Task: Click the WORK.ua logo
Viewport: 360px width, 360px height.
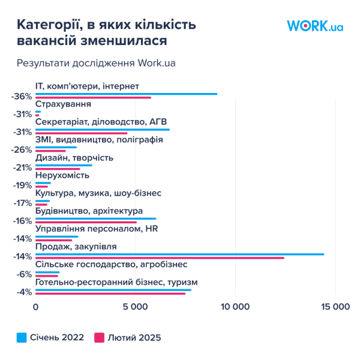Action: tap(315, 26)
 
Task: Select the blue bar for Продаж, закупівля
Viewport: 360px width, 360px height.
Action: tap(180, 254)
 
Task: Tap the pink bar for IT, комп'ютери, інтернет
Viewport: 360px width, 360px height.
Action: tap(93, 98)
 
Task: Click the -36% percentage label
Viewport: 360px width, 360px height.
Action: tap(22, 97)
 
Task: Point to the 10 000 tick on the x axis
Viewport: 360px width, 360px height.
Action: tap(235, 307)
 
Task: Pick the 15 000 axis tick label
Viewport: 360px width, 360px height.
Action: tap(335, 307)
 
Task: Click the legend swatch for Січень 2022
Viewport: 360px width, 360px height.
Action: tap(22, 338)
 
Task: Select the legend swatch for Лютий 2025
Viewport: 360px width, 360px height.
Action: tap(99, 338)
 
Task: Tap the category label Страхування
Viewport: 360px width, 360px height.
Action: tap(63, 104)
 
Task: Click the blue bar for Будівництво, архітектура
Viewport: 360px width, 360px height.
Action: tap(96, 218)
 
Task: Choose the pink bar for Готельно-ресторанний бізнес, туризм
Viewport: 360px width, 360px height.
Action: tap(110, 293)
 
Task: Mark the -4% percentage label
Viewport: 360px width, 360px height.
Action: tap(24, 292)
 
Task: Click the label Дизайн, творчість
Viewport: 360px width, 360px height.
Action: tap(74, 158)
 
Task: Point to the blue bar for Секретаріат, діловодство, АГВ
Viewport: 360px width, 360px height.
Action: tap(103, 130)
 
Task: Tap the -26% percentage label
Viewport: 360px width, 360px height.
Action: tap(22, 150)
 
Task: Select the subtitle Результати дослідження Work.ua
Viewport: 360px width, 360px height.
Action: tap(96, 63)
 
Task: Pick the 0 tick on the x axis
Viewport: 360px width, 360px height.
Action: tap(35, 307)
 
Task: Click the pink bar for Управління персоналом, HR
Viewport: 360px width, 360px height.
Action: tap(54, 240)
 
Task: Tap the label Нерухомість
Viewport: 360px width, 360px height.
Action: tap(62, 175)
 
